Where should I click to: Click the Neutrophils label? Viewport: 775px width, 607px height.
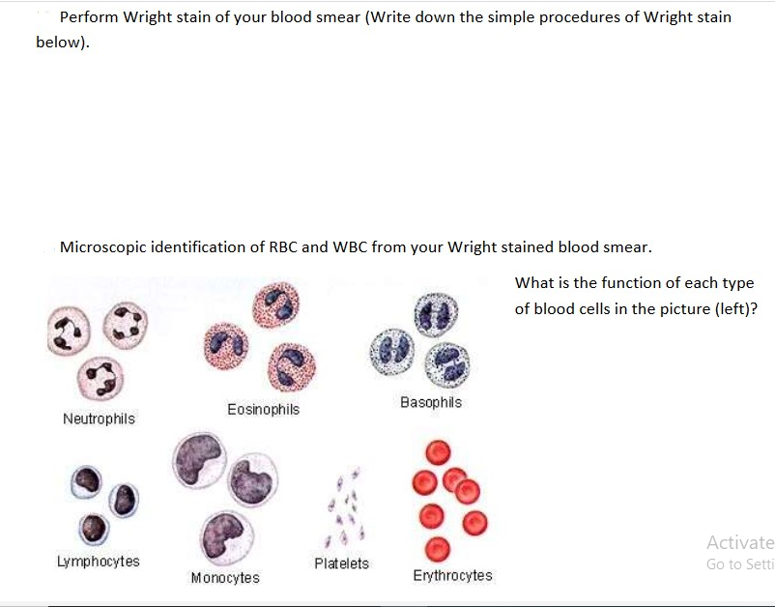pyautogui.click(x=99, y=419)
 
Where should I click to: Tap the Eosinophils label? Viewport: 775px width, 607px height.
pyautogui.click(x=263, y=410)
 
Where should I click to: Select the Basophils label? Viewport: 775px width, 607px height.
pyautogui.click(x=431, y=402)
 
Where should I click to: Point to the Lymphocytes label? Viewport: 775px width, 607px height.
pyautogui.click(x=98, y=562)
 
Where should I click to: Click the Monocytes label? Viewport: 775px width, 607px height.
pyautogui.click(x=225, y=578)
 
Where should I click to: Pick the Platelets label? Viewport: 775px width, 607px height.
pyautogui.click(x=341, y=564)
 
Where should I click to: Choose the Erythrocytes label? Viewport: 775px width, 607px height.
pyautogui.click(x=452, y=576)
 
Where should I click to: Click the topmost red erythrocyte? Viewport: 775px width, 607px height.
pyautogui.click(x=439, y=451)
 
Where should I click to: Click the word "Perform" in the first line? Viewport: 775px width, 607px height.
pyautogui.click(x=89, y=17)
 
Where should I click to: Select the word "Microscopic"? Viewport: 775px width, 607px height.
pyautogui.click(x=104, y=246)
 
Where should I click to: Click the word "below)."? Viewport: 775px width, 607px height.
pyautogui.click(x=62, y=43)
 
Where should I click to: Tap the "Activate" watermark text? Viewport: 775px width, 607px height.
pyautogui.click(x=739, y=542)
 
